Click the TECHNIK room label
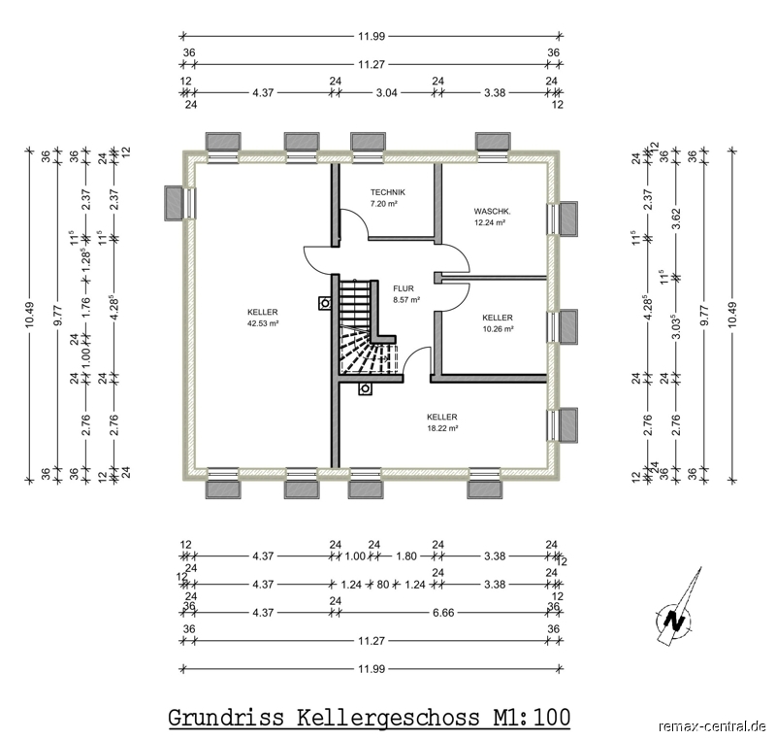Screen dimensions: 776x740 click(387, 192)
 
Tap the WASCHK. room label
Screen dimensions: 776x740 click(492, 212)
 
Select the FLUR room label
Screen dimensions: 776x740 click(404, 288)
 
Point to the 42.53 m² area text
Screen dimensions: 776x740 click(263, 323)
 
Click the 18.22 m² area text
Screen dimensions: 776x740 click(442, 428)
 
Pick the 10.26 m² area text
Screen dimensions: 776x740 click(498, 328)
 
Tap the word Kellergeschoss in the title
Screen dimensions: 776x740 click(389, 718)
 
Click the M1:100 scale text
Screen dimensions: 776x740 click(532, 718)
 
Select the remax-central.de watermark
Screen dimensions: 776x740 click(712, 726)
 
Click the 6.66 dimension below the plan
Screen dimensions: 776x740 click(443, 613)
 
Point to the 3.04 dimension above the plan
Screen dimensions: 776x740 click(386, 92)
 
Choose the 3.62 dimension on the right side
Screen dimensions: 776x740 click(676, 219)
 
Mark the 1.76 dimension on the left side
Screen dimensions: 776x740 click(86, 307)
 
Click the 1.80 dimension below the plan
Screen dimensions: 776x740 click(406, 556)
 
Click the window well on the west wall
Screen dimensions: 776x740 click(174, 203)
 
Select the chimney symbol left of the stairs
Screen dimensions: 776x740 click(325, 303)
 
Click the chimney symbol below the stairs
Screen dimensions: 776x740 click(366, 388)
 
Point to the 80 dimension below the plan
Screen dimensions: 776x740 click(383, 585)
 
